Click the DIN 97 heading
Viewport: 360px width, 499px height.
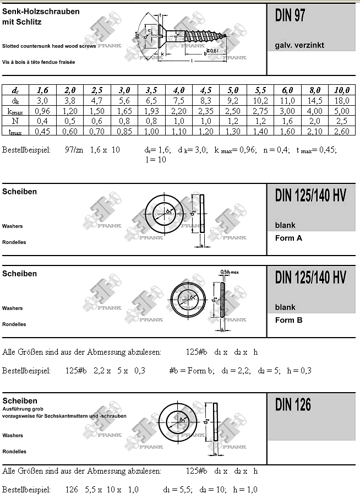click(290, 17)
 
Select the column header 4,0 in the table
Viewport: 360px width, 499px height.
click(179, 90)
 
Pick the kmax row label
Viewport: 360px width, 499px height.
click(15, 111)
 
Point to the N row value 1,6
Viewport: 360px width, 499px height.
click(288, 121)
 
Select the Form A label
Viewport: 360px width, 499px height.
click(288, 238)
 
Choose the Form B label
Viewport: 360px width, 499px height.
click(288, 320)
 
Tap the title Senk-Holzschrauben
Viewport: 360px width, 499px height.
click(41, 12)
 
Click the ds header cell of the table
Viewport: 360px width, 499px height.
click(15, 90)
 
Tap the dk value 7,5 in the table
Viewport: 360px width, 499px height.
click(179, 100)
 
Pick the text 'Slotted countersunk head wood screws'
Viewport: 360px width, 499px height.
click(49, 46)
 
